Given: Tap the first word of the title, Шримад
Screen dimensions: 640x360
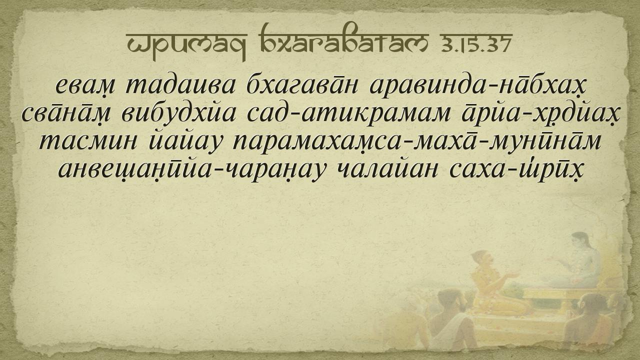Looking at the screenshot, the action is tap(187, 45).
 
